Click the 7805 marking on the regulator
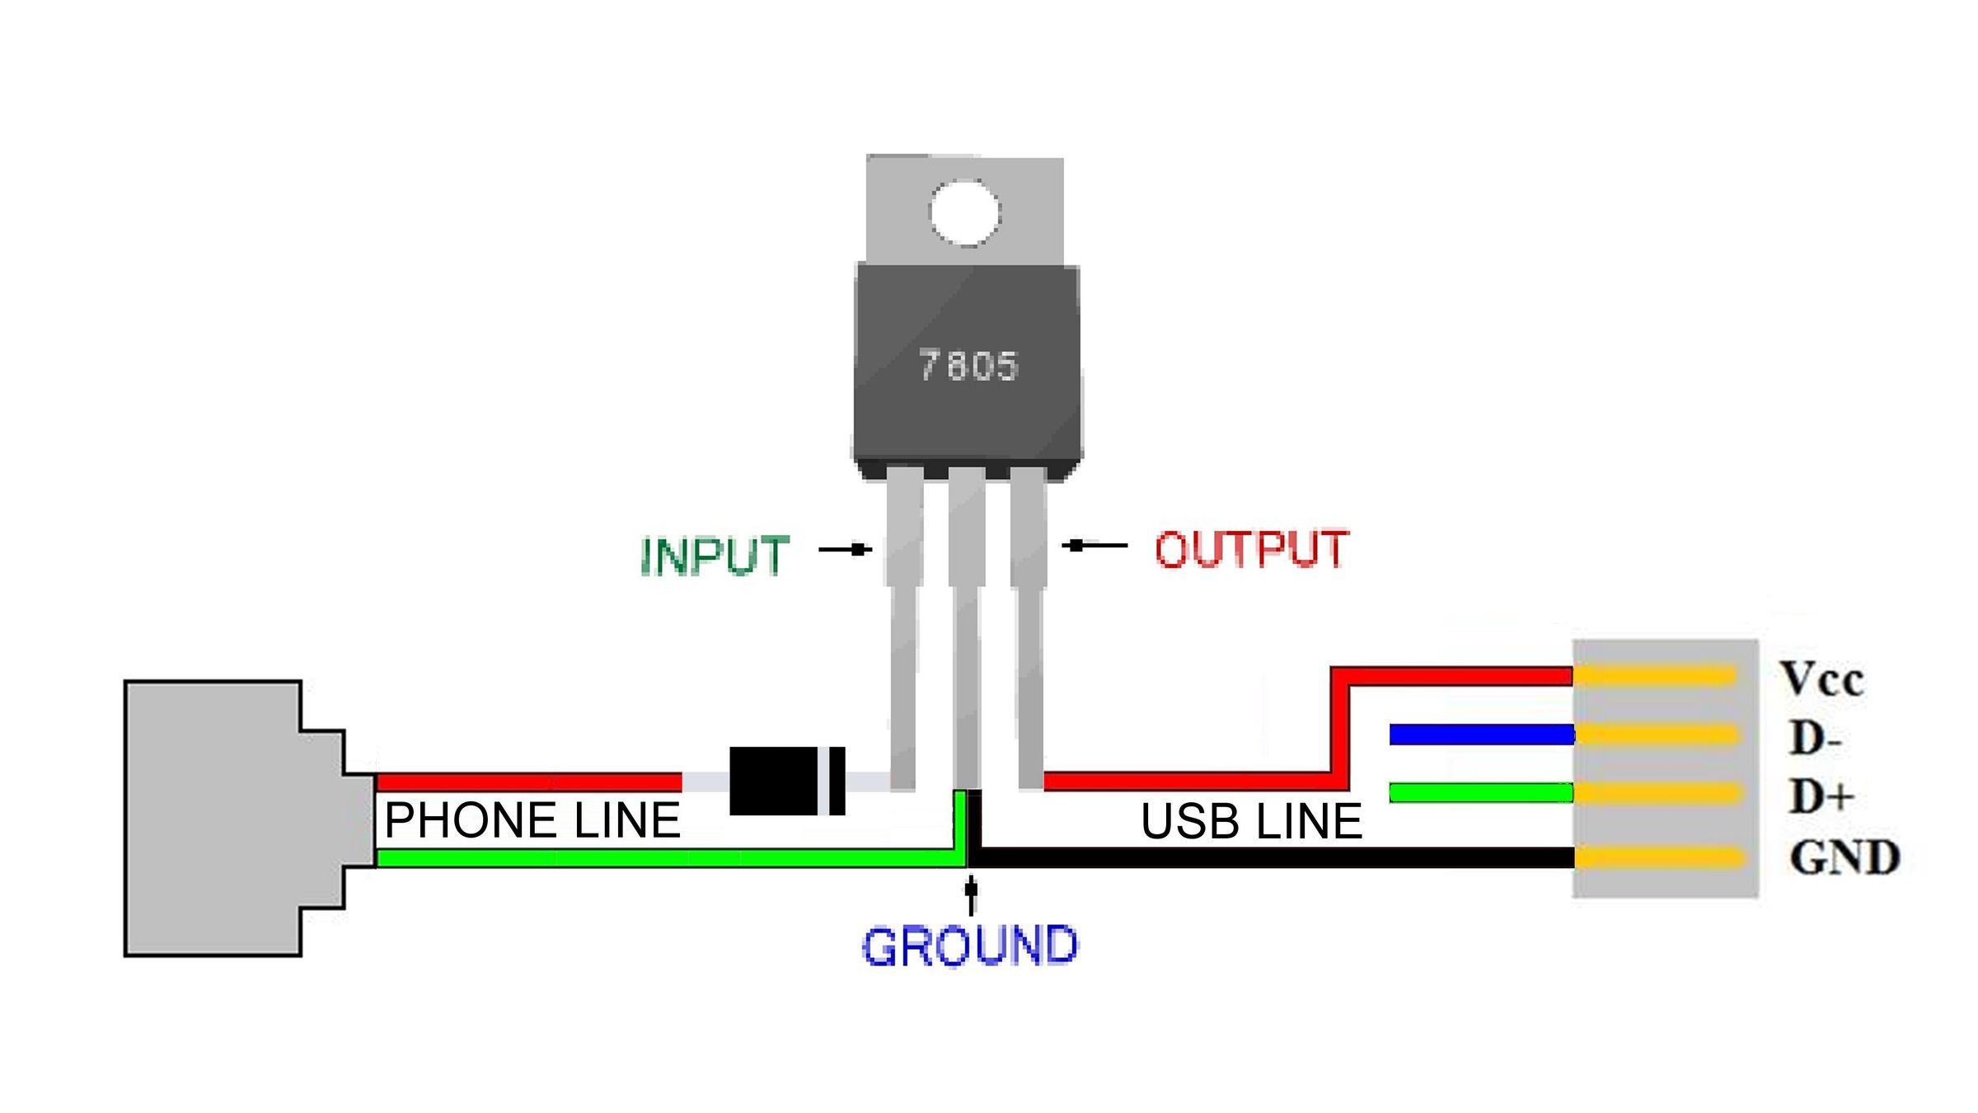969,366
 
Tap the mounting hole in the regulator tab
964,212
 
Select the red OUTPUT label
1251,550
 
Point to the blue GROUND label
969,946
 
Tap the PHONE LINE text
532,820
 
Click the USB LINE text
1251,822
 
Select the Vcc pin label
1821,679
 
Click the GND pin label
1844,857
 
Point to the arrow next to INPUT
846,550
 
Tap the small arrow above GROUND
972,895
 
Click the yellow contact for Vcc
1657,676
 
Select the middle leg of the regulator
966,627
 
